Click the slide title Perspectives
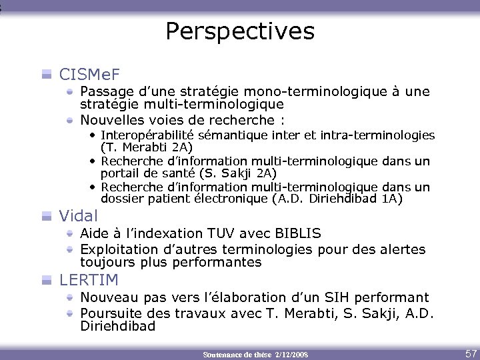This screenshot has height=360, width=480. click(x=239, y=31)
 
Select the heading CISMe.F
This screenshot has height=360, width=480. click(x=89, y=73)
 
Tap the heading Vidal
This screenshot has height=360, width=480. click(x=79, y=215)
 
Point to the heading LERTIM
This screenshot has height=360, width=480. click(x=89, y=279)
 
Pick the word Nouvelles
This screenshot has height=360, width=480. click(x=111, y=120)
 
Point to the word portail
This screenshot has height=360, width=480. click(x=119, y=173)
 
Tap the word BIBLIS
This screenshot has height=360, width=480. click(x=297, y=233)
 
